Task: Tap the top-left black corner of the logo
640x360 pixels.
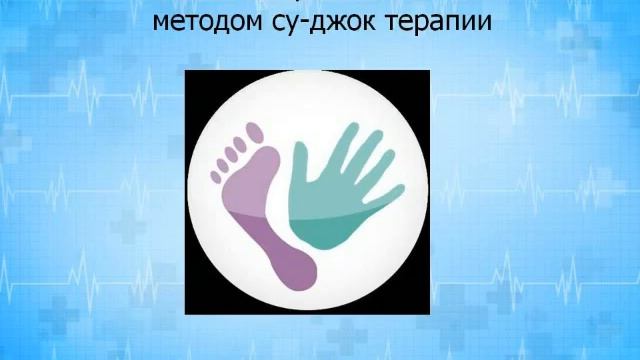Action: pyautogui.click(x=194, y=78)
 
